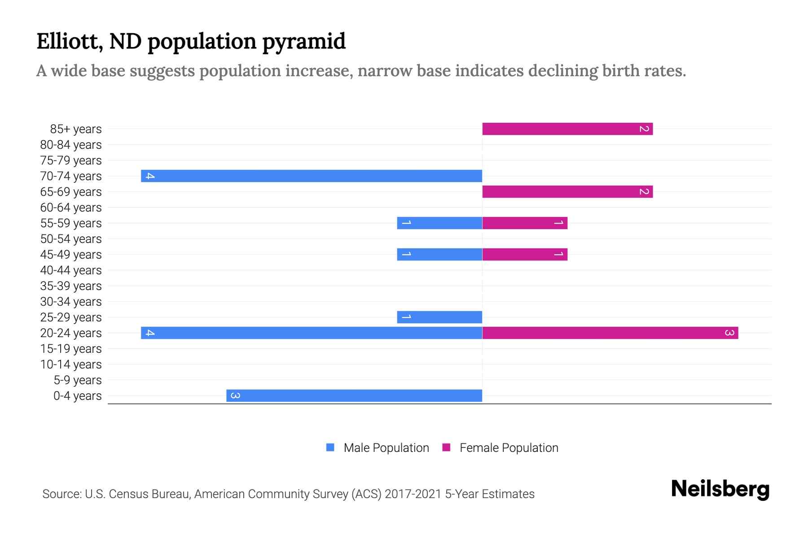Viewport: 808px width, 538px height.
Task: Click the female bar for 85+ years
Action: coord(567,129)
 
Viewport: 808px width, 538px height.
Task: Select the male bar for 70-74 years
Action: coord(312,176)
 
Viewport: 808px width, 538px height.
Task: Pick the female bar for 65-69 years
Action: coord(567,192)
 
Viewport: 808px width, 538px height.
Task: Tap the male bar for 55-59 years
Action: coord(439,223)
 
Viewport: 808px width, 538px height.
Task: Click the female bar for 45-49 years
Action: coord(525,255)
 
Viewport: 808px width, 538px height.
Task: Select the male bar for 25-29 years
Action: coord(439,317)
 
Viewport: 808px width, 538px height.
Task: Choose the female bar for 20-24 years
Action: coord(610,333)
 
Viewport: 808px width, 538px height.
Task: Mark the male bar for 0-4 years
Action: coord(354,396)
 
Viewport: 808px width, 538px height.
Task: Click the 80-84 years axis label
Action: coord(71,145)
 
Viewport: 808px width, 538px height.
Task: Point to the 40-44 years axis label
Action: coord(71,270)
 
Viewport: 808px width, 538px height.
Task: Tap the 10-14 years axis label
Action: coord(71,364)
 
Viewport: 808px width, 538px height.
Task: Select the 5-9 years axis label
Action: coord(77,380)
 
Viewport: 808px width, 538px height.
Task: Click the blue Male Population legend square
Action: coord(330,447)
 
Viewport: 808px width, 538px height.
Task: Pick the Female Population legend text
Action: coord(509,448)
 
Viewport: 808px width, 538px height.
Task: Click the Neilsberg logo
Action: coord(720,489)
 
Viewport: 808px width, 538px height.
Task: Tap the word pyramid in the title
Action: coord(304,42)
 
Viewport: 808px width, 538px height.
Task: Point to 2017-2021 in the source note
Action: coord(413,494)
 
